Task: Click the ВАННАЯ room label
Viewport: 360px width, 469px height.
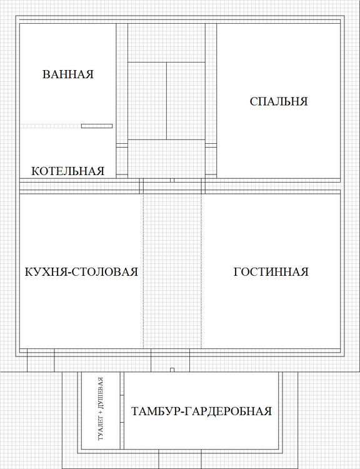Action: tap(67, 74)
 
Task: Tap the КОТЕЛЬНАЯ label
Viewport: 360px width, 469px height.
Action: tap(68, 171)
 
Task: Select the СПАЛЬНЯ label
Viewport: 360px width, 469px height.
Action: tap(279, 101)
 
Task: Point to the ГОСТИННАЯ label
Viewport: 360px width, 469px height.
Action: tap(271, 271)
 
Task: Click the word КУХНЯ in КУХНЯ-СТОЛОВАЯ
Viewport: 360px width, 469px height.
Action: tap(46, 272)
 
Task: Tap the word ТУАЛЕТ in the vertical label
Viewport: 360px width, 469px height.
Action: tap(101, 429)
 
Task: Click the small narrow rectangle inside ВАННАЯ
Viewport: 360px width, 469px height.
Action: tap(97, 126)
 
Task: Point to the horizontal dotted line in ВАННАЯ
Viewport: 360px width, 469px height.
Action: tap(50, 126)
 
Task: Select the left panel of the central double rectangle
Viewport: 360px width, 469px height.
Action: tap(147, 101)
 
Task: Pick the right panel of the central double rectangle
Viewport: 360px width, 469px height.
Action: tap(186, 101)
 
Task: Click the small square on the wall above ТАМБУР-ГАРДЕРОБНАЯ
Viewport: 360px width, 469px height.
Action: tap(172, 370)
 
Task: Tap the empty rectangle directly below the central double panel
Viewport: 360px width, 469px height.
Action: tap(166, 159)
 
